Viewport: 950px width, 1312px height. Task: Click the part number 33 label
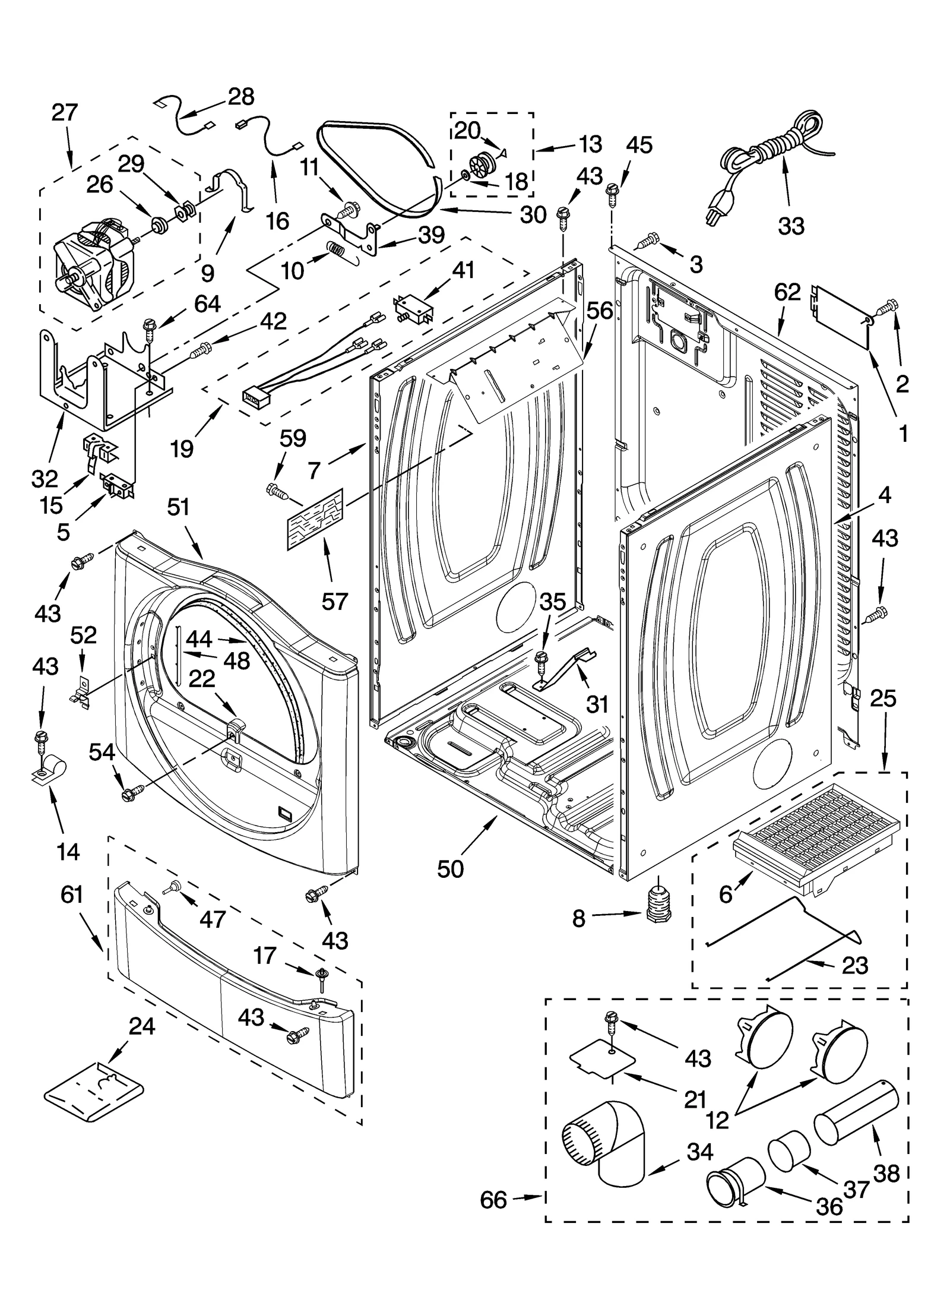[x=791, y=226]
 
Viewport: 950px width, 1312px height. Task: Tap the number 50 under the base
[x=450, y=868]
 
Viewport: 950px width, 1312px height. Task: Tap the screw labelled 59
[x=277, y=490]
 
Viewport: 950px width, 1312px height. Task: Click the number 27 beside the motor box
[x=65, y=112]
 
